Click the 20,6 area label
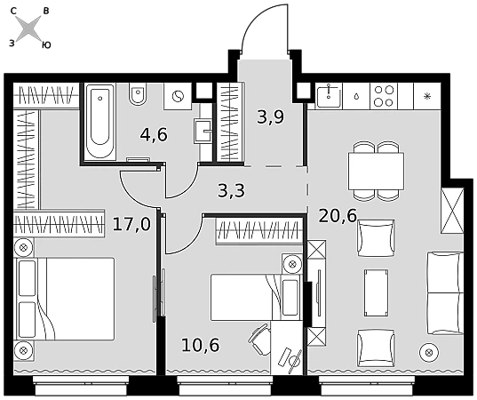(338, 216)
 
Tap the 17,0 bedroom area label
(131, 225)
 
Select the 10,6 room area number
(200, 345)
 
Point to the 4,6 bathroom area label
(154, 135)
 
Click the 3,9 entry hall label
(270, 117)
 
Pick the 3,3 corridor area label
(232, 191)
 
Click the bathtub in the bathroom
(100, 122)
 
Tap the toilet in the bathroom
(138, 95)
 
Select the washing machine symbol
(178, 96)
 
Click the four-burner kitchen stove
(384, 96)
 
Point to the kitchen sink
(329, 96)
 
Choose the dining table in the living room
(376, 172)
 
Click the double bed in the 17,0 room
(64, 299)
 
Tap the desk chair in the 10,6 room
(260, 339)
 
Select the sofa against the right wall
(445, 293)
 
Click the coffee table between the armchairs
(376, 292)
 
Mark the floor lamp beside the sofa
(429, 353)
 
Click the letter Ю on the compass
(46, 45)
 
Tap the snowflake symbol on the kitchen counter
(427, 97)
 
